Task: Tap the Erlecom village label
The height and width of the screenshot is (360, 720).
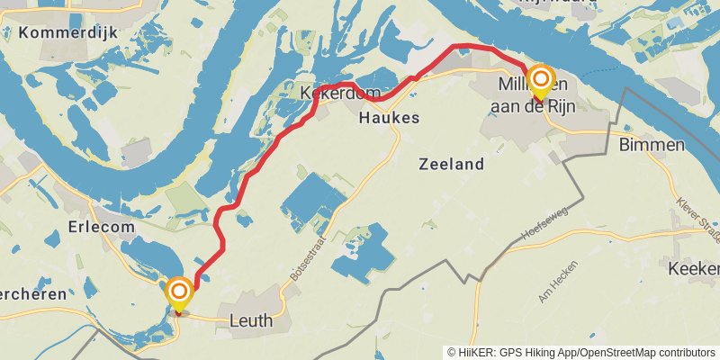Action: click(102, 226)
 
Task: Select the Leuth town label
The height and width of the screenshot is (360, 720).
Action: click(251, 320)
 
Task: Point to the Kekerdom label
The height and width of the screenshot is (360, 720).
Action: click(329, 92)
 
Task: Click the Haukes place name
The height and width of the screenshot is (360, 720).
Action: click(390, 118)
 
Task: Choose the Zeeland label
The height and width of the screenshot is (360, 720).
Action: click(452, 164)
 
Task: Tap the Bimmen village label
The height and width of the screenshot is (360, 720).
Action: click(652, 145)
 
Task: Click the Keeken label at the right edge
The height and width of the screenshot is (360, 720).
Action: click(695, 268)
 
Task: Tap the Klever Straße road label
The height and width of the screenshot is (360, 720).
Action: click(698, 221)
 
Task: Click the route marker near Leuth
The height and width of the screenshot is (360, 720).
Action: click(179, 292)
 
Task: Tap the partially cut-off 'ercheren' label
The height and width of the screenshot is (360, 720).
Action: click(32, 293)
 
